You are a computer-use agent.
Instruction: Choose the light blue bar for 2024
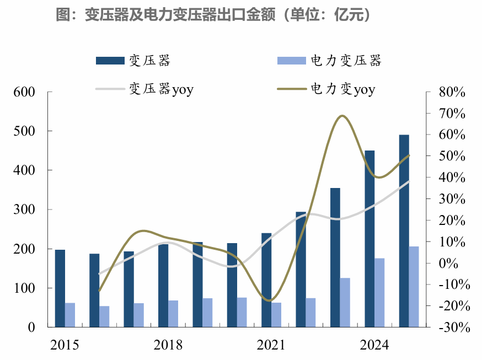coord(379,293)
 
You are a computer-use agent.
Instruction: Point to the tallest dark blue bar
coord(404,231)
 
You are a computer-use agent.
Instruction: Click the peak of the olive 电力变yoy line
coord(342,116)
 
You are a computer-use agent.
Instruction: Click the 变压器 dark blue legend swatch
coord(109,61)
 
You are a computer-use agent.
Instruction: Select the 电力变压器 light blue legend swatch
coord(290,61)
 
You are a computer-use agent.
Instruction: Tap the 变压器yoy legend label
coord(160,89)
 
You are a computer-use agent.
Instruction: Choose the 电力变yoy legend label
coord(342,89)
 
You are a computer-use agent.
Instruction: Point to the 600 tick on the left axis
coord(25,92)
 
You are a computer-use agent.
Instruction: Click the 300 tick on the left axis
coord(25,209)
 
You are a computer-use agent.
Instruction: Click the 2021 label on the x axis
coord(271,345)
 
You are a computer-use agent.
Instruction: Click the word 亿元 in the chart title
coord(348,15)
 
